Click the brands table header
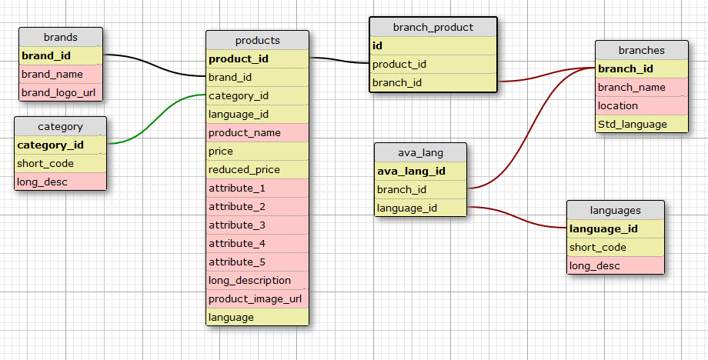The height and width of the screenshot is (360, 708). point(61,37)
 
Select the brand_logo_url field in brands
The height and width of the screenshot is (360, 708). point(61,92)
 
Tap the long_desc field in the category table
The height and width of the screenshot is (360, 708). point(61,182)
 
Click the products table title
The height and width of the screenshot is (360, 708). point(257,40)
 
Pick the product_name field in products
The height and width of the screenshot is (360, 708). point(257,132)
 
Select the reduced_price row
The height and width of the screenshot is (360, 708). point(257,170)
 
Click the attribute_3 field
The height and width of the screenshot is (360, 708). point(257,225)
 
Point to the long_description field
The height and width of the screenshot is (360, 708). point(257,280)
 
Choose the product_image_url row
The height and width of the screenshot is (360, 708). point(257,298)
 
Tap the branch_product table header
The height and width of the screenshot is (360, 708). point(433,27)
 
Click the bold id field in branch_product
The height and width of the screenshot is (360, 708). point(433,45)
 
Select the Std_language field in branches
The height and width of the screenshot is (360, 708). point(642,124)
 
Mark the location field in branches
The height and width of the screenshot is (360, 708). point(642,105)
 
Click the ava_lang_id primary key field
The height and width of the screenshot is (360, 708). point(420,171)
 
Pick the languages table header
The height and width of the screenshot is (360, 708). point(616,210)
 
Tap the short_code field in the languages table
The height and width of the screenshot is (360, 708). point(616,247)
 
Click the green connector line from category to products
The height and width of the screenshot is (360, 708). point(156,119)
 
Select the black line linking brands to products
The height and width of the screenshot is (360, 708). point(155,65)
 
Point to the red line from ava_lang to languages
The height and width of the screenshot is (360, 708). point(516,217)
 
